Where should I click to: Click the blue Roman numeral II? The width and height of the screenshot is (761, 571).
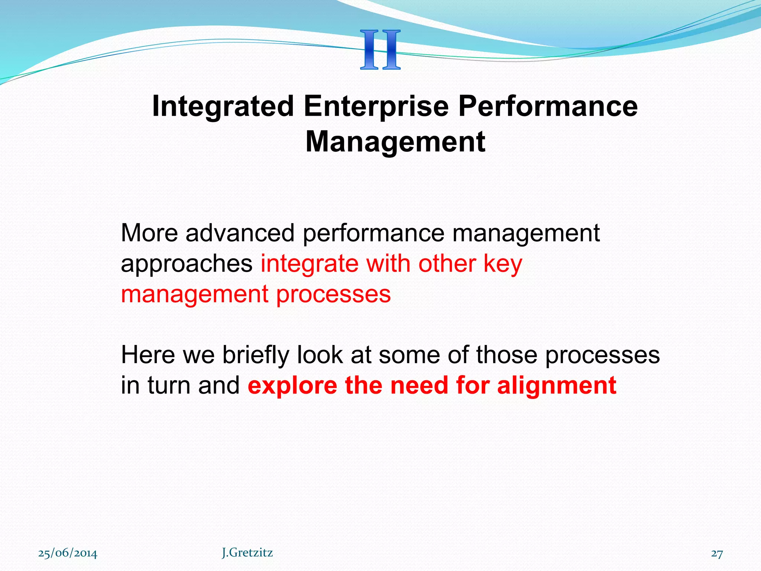380,50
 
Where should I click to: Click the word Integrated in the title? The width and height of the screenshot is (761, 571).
223,106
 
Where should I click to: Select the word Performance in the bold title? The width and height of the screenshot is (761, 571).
548,106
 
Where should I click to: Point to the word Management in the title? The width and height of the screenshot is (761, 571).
395,142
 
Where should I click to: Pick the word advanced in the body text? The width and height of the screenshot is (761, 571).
240,233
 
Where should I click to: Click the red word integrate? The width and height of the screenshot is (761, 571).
309,264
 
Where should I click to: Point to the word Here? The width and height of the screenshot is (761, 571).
148,355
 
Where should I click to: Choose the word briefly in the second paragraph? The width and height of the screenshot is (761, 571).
255,355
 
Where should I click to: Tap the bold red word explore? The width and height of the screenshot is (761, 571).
292,386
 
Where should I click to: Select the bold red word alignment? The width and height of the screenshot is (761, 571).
557,386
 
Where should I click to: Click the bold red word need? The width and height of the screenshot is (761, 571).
419,385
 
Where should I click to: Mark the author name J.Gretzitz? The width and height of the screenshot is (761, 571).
247,553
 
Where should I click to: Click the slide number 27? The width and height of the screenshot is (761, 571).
717,554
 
